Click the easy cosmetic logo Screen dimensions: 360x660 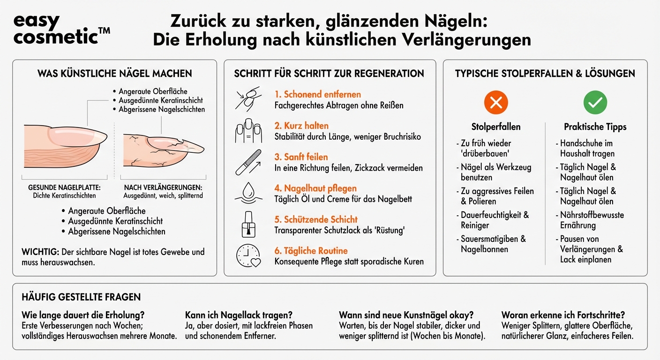[x=61, y=29]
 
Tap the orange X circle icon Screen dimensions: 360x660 [x=495, y=103]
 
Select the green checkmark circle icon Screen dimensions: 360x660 [x=595, y=103]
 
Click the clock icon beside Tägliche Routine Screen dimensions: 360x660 [x=247, y=256]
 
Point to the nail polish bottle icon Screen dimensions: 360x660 [x=247, y=225]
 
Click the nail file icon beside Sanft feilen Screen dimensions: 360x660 [x=247, y=162]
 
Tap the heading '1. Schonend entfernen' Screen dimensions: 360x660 [x=317, y=94]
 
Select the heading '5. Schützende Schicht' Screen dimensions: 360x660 [x=315, y=219]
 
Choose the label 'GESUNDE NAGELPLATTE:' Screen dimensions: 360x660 [x=64, y=187]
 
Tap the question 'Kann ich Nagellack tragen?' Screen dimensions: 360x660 [x=239, y=315]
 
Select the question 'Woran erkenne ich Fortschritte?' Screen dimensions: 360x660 [x=562, y=315]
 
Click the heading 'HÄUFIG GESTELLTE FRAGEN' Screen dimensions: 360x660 [x=81, y=297]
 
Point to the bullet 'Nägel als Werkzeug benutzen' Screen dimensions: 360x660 [x=495, y=172]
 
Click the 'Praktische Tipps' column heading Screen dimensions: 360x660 [x=595, y=127]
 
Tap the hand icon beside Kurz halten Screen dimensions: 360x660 [x=247, y=131]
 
